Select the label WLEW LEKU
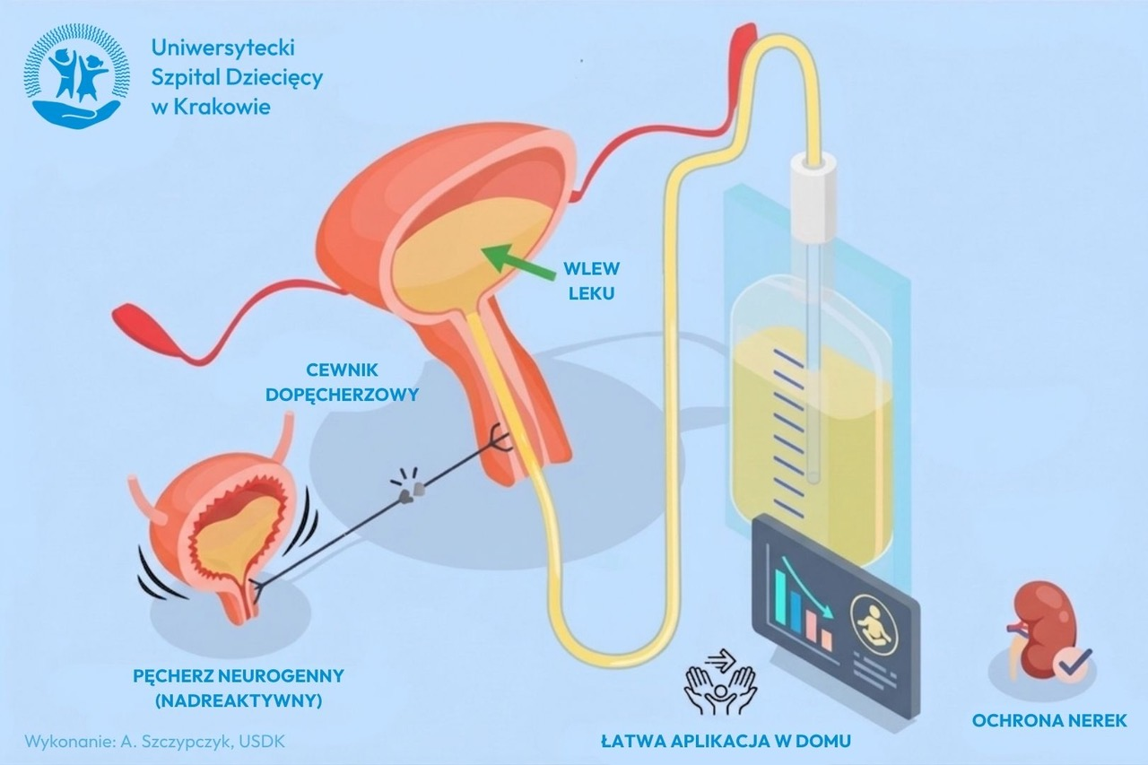pos(591,281)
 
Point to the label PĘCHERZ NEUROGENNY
pos(238,676)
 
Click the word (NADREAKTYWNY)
pos(238,701)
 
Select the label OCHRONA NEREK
pos(1049,720)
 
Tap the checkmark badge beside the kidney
pos(1073,665)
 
